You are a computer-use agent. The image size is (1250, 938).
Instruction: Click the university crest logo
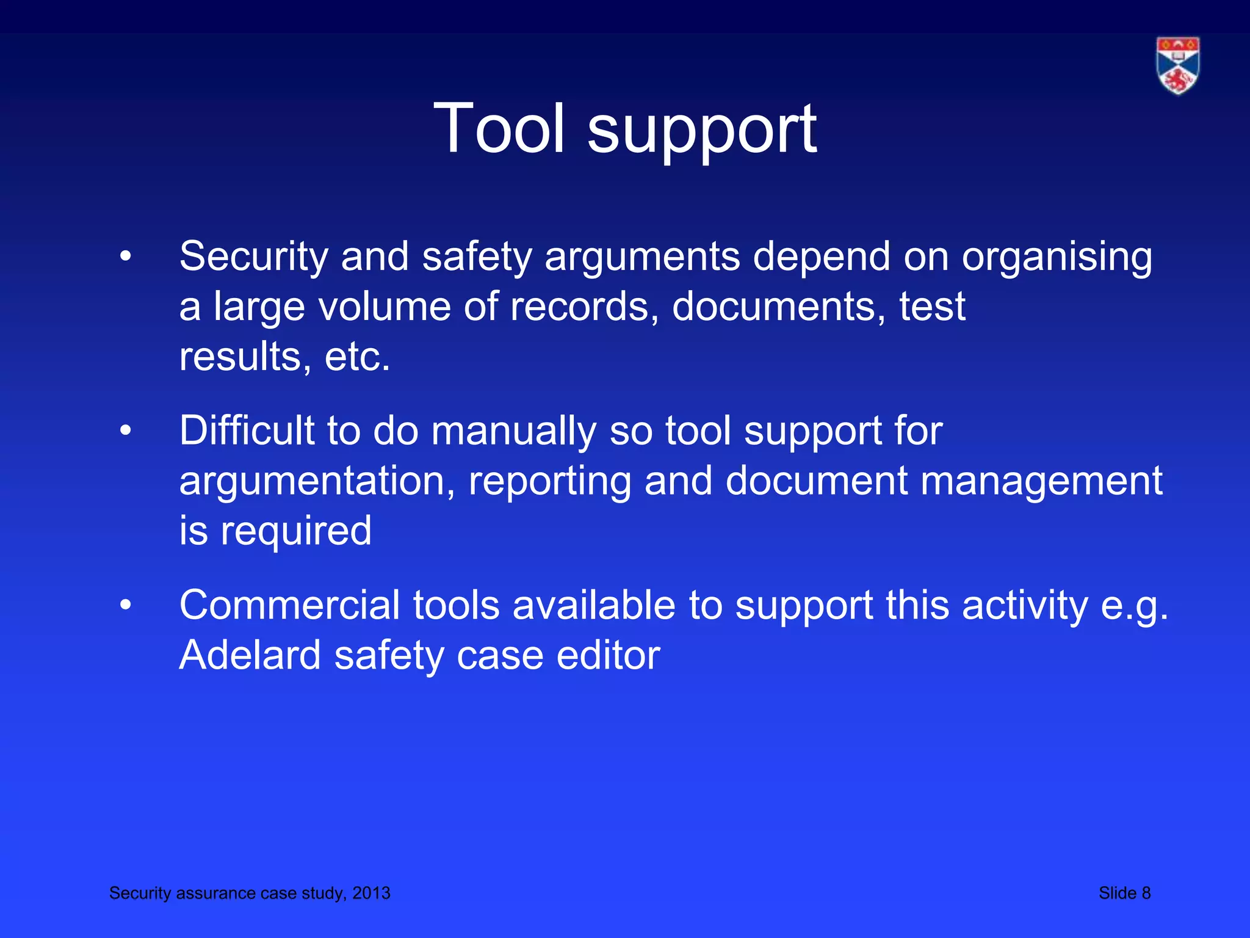pyautogui.click(x=1177, y=65)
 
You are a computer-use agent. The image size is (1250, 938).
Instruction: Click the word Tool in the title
pyautogui.click(x=499, y=129)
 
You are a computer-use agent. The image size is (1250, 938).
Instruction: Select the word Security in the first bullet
pyautogui.click(x=254, y=256)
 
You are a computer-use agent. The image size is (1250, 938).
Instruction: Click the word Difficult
pyautogui.click(x=247, y=431)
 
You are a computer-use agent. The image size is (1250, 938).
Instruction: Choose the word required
pyautogui.click(x=296, y=531)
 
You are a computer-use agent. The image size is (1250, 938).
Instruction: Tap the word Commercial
pyautogui.click(x=289, y=606)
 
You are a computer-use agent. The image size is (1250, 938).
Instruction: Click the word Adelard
pyautogui.click(x=250, y=656)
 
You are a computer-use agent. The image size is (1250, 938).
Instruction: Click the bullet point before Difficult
pyautogui.click(x=126, y=431)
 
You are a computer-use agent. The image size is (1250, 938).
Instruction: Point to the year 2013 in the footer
pyautogui.click(x=371, y=893)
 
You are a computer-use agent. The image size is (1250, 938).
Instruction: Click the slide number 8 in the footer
pyautogui.click(x=1146, y=893)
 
